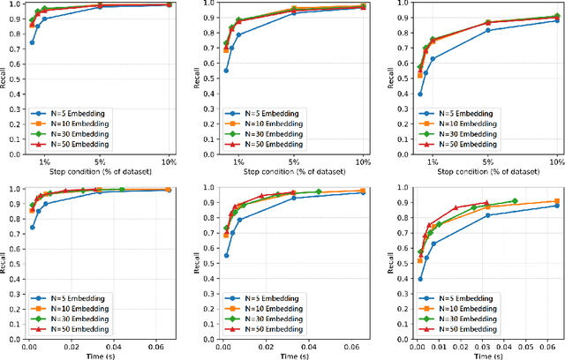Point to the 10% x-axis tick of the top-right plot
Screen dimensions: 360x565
pyautogui.click(x=557, y=163)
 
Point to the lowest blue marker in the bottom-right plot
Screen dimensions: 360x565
pyautogui.click(x=419, y=280)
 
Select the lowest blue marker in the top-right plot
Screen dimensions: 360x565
pyautogui.click(x=419, y=94)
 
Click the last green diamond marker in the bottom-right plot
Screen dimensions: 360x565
pyautogui.click(x=515, y=201)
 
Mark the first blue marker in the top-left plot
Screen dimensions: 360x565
pyautogui.click(x=32, y=42)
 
